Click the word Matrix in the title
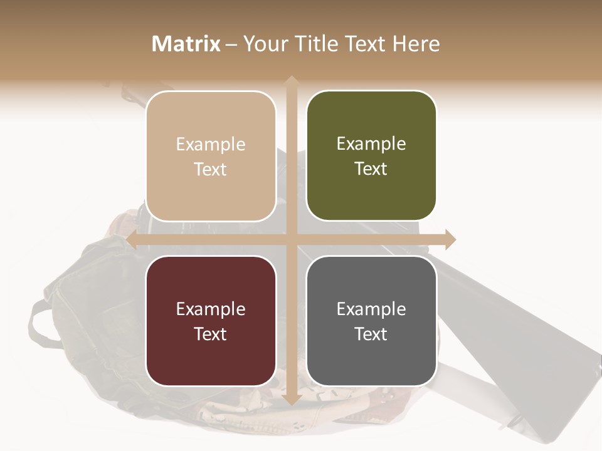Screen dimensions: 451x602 186,44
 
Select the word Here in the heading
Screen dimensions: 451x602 416,44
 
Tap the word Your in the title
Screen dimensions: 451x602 263,44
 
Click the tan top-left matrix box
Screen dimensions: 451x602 211,156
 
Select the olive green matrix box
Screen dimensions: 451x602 371,155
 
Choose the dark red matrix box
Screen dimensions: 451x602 211,321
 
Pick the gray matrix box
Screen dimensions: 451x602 371,321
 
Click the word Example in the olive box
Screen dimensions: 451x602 371,144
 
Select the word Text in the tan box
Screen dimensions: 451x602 211,169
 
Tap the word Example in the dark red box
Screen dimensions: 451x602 211,309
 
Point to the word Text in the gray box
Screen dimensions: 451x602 371,334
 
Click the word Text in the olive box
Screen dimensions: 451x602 371,168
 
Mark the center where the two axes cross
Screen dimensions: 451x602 291,239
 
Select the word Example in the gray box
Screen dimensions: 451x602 371,309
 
